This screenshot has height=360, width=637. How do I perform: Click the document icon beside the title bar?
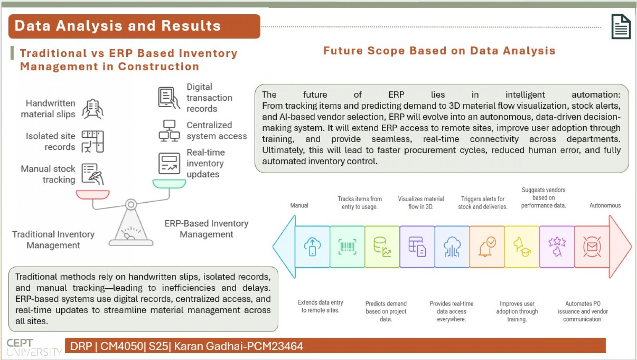pos(621,26)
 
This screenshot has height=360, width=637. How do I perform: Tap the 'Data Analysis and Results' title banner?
pos(134,26)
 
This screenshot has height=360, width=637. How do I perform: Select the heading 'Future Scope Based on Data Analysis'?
pos(439,51)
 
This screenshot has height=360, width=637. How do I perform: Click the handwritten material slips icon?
pos(93,109)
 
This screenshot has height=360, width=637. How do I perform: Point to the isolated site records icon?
pos(93,142)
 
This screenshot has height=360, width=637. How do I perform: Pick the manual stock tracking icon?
pos(93,174)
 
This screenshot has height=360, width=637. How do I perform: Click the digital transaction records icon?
pos(169,98)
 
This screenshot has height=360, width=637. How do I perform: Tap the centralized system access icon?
pos(169,131)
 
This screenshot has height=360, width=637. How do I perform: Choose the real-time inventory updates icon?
pos(169,163)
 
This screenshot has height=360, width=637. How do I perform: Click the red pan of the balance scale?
pos(93,195)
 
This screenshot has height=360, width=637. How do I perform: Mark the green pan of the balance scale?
pos(169,184)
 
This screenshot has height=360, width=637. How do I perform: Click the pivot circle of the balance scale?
pos(131,204)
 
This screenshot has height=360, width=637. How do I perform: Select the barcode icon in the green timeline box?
pos(347,246)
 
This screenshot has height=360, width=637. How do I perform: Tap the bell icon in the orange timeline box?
pos(487,247)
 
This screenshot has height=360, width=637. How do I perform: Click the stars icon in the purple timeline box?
pos(557,247)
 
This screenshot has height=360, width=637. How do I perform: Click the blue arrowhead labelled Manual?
pos(284,247)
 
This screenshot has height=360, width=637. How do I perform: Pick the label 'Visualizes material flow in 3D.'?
pos(421,203)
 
